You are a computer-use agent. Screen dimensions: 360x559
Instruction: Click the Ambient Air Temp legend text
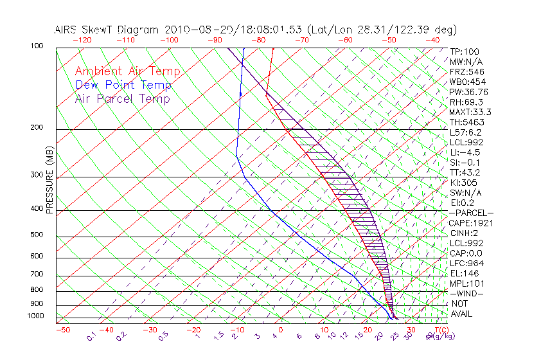coord(127,71)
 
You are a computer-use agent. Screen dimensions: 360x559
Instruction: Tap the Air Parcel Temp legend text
coord(122,98)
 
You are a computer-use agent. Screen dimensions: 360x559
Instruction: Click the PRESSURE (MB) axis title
coord(49,181)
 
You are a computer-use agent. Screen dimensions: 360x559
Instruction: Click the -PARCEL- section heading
coord(471,213)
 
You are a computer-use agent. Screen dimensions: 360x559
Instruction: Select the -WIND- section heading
coord(466,294)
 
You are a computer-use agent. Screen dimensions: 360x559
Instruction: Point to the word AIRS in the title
coord(68,30)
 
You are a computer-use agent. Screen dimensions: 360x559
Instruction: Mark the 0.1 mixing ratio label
coord(91,336)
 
